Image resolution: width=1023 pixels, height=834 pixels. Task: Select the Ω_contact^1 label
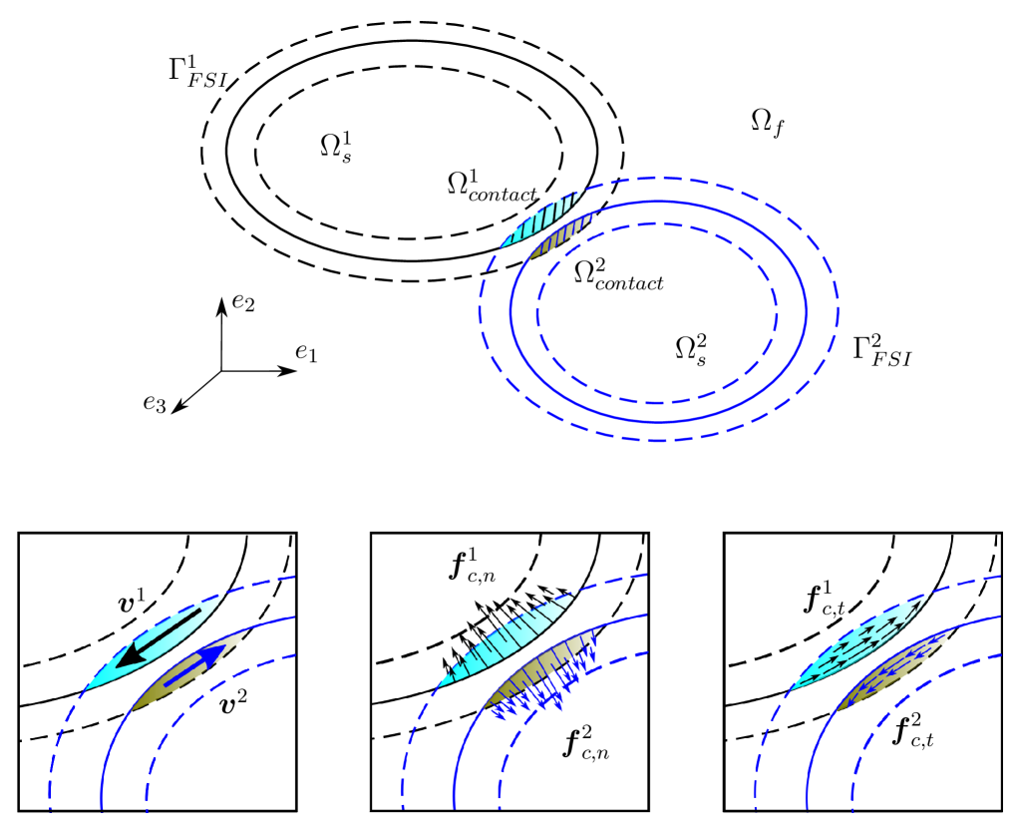pyautogui.click(x=492, y=185)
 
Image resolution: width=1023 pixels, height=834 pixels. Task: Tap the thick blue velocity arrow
pyautogui.click(x=195, y=664)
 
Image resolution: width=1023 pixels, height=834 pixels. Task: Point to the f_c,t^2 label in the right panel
pyautogui.click(x=915, y=732)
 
